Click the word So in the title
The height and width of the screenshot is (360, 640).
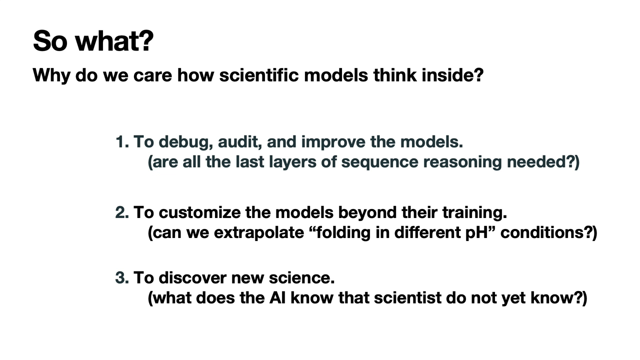click(50, 41)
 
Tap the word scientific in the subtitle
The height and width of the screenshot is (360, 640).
click(259, 75)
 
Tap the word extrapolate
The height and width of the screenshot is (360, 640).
click(259, 233)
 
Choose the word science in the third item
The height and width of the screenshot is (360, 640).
click(301, 277)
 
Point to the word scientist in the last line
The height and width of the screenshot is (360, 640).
click(407, 297)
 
